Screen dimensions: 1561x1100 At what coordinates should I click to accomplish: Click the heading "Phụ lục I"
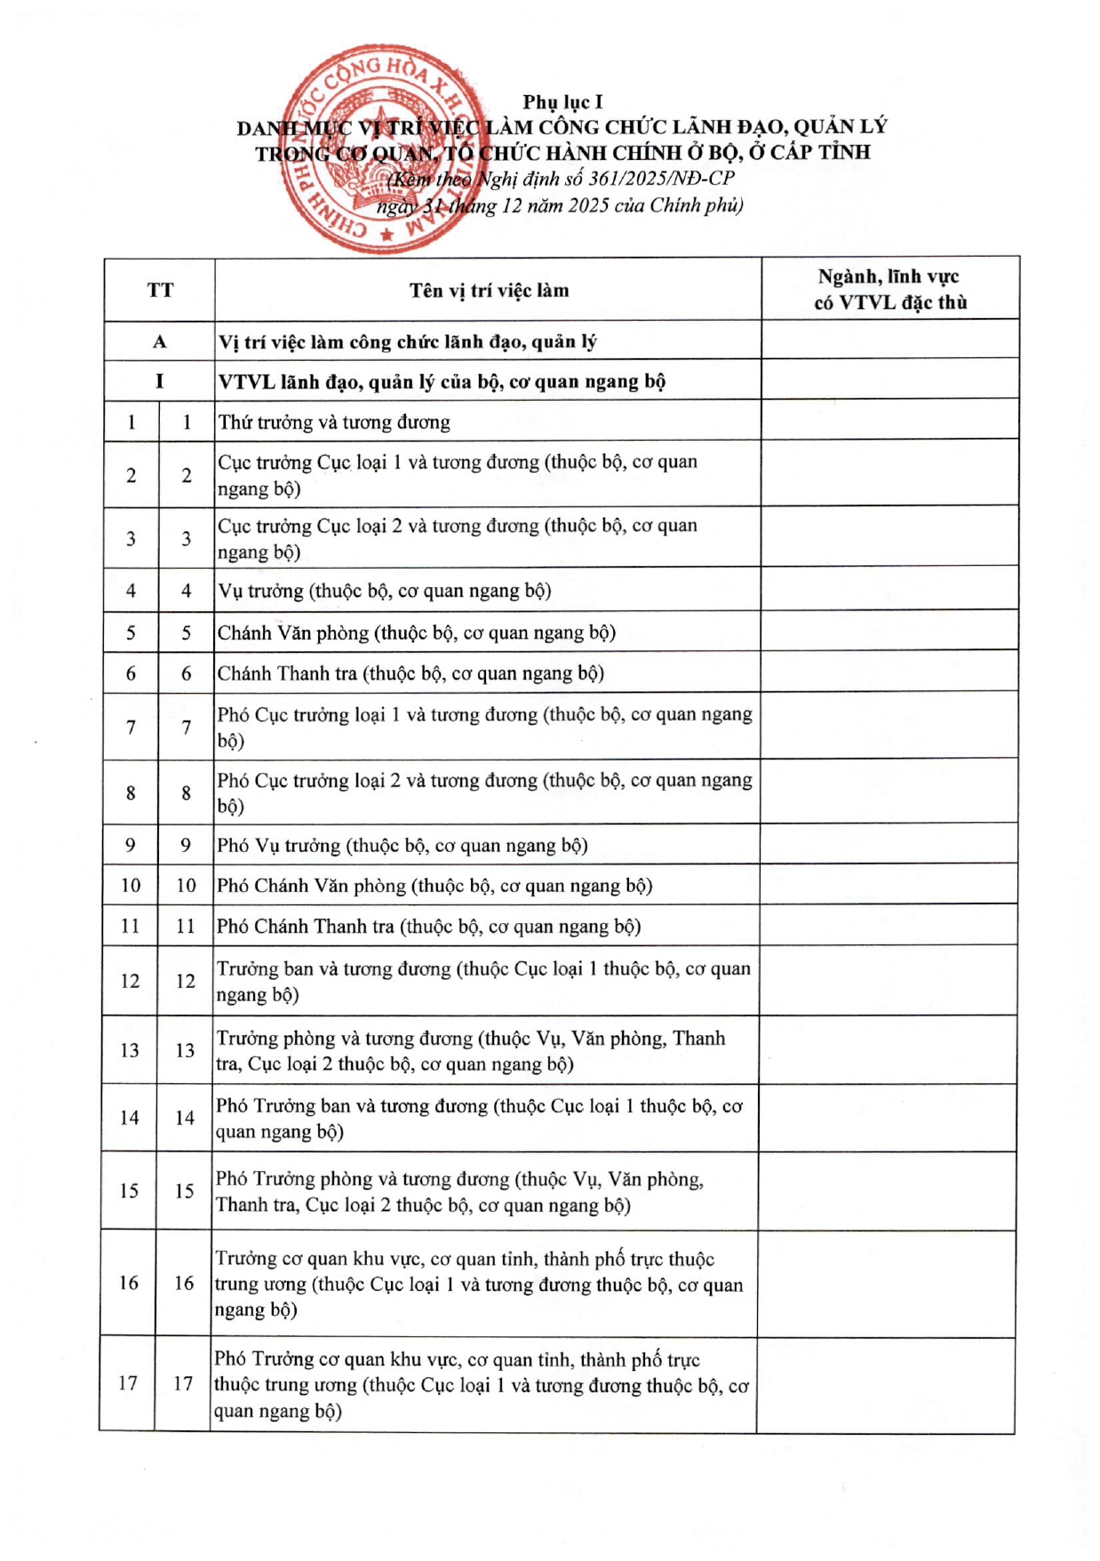click(562, 102)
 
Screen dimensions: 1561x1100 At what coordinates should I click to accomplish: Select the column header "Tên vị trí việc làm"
click(489, 291)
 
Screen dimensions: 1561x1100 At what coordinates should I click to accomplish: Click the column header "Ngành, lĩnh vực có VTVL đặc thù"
click(889, 290)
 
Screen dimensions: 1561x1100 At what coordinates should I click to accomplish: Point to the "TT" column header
click(160, 291)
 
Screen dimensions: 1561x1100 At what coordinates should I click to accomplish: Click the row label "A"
click(160, 342)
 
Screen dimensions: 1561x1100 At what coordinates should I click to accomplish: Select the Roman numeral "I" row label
click(160, 381)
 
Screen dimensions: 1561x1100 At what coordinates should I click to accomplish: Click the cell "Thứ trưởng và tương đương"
click(334, 422)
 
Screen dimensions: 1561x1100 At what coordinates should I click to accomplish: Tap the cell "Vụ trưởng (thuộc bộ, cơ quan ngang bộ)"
click(385, 591)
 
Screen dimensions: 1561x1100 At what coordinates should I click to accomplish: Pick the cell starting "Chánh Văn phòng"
click(417, 633)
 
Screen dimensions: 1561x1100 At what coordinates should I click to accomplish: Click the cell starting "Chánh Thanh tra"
click(411, 673)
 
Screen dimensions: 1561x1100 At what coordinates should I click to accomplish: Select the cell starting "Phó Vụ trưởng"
click(403, 845)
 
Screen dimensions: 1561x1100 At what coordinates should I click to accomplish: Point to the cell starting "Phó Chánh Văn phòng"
click(434, 886)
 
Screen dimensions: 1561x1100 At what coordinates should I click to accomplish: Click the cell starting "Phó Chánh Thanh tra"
click(428, 927)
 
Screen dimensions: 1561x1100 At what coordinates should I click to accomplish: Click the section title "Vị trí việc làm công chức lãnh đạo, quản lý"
click(408, 342)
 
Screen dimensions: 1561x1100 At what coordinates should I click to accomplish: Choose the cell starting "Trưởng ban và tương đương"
click(483, 981)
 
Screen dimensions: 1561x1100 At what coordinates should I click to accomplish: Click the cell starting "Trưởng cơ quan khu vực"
click(479, 1284)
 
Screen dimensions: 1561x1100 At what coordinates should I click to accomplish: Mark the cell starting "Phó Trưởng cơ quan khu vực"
click(481, 1384)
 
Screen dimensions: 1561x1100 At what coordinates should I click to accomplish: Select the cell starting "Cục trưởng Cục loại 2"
click(458, 538)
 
